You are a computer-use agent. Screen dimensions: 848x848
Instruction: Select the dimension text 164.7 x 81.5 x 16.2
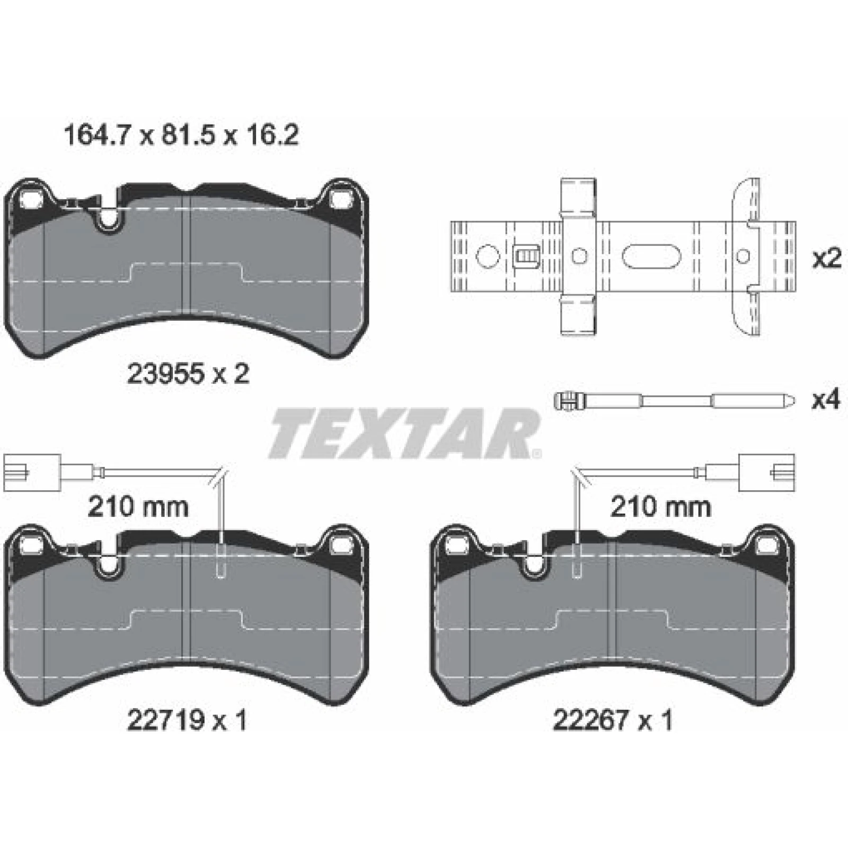tap(181, 135)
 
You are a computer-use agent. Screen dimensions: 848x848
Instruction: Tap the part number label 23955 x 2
tap(188, 375)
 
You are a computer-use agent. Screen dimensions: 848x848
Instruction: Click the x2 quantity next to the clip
tap(827, 259)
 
